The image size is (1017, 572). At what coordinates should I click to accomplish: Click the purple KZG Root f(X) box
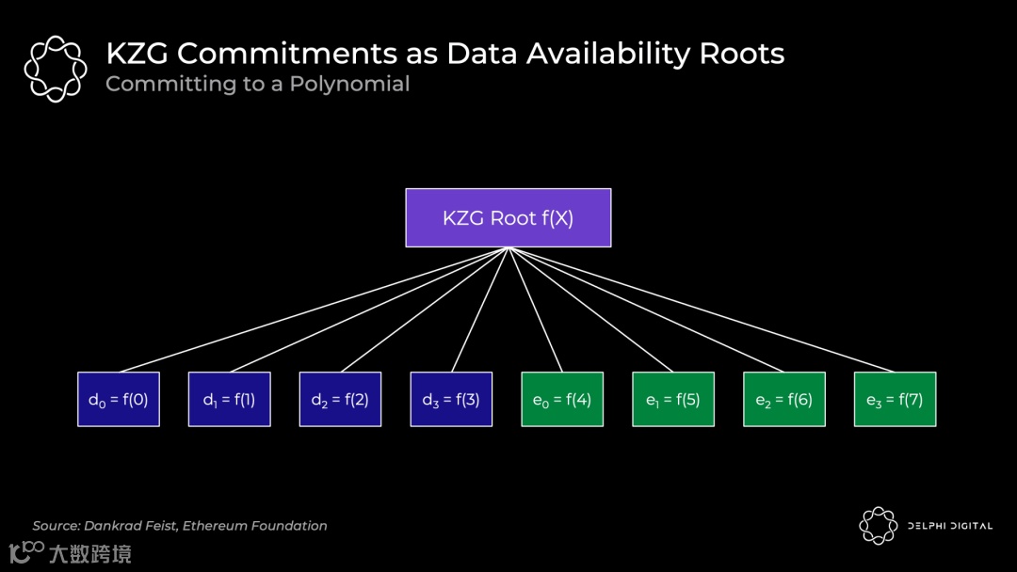(508, 217)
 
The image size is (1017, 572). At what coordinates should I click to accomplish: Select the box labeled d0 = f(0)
(119, 399)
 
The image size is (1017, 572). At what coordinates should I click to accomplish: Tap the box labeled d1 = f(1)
(229, 399)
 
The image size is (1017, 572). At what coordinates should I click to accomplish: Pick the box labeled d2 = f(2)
(340, 399)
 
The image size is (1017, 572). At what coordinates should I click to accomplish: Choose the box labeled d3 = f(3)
(451, 399)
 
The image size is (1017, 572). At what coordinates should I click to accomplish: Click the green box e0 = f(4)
(562, 399)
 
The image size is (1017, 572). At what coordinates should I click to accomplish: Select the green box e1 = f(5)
(673, 399)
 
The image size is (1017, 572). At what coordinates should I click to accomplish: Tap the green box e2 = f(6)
(784, 399)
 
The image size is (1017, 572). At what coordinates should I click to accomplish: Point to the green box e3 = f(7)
(895, 399)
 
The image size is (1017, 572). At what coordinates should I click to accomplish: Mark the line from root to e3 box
(702, 310)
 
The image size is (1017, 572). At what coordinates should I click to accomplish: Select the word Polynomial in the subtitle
(349, 84)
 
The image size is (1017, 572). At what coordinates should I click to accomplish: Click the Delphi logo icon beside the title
(55, 68)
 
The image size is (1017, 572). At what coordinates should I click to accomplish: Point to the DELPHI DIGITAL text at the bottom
(949, 526)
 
